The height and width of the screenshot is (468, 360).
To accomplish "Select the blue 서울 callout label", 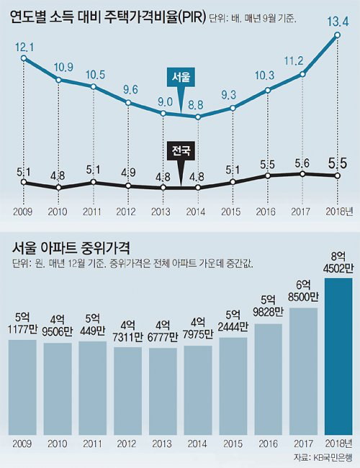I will pyautogui.click(x=181, y=78).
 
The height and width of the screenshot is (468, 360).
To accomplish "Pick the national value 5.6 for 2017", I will pyautogui.click(x=303, y=163).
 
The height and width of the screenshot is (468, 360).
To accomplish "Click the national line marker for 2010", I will pyautogui.click(x=59, y=188).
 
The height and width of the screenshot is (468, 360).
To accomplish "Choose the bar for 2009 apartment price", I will pyautogui.click(x=24, y=387).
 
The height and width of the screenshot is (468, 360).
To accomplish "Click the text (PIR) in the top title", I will pyautogui.click(x=189, y=18).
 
